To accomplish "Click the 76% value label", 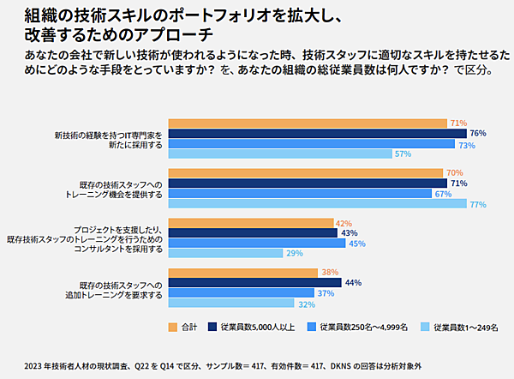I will pyautogui.click(x=478, y=134).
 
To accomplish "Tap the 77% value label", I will pyautogui.click(x=478, y=204).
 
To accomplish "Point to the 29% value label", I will pyautogui.click(x=294, y=254).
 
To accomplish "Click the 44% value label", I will pyautogui.click(x=353, y=283).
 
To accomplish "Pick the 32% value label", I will pyautogui.click(x=306, y=304).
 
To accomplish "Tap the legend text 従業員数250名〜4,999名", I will pyautogui.click(x=363, y=327).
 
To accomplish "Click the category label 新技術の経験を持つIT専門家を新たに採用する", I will pyautogui.click(x=108, y=140).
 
